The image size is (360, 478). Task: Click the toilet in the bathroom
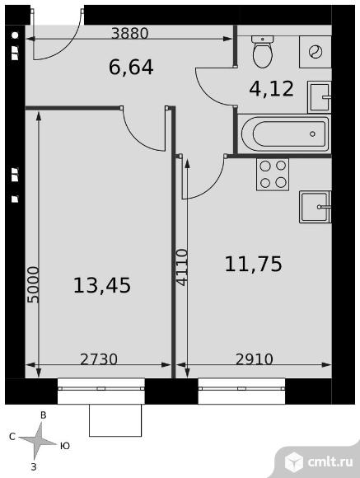pos(263,52)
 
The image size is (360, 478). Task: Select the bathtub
pos(285,134)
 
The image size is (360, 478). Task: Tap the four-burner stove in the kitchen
pos(273,175)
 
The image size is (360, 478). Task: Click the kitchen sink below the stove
pos(316,207)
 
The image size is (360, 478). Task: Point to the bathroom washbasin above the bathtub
pos(320,97)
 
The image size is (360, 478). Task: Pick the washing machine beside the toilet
pos(316,52)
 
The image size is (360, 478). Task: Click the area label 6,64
pos(131,68)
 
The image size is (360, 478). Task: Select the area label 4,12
pos(271,89)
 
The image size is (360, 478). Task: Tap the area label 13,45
pos(102,285)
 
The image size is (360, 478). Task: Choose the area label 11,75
pos(253,264)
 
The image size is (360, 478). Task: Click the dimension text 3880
pos(130,33)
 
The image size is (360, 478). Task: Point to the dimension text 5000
pos(33,284)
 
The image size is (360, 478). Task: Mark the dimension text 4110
pos(182,267)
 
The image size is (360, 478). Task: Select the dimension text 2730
pos(99,359)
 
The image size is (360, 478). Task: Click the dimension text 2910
pos(255,359)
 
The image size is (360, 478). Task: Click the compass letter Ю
pos(64,446)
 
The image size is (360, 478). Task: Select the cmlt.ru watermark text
pos(330,462)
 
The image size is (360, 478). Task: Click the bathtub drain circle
pos(312,134)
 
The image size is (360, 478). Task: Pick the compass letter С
pos(12,437)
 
